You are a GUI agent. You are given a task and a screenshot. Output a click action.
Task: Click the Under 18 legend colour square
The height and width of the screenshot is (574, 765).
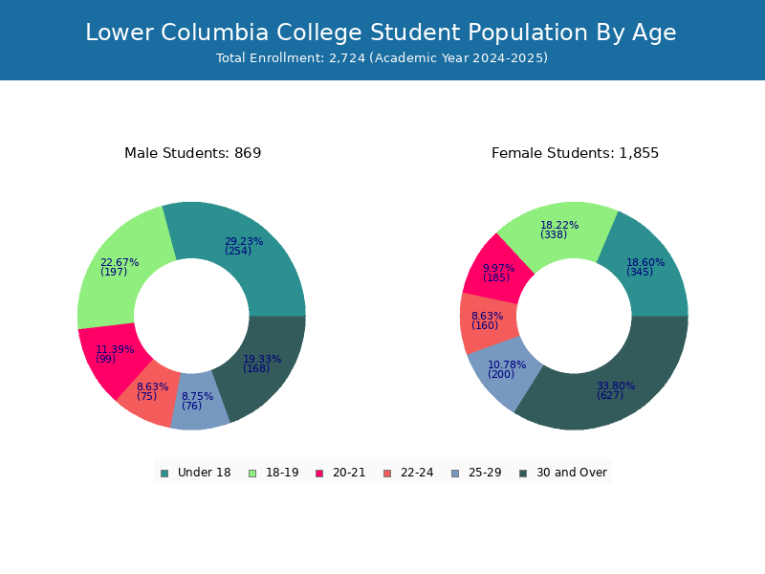[164, 474]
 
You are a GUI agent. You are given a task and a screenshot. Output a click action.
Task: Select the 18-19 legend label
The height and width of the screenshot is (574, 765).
[282, 473]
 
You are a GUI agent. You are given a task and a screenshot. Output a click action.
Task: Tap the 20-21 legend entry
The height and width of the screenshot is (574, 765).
[340, 473]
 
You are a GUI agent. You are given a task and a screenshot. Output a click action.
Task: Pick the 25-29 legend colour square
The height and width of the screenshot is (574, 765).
[455, 474]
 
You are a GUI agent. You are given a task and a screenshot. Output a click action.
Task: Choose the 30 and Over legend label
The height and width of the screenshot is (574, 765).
[572, 473]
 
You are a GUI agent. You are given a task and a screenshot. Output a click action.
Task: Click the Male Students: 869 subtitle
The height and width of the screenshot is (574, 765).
[193, 153]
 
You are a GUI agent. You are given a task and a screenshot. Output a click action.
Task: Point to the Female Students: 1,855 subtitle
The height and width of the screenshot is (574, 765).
[575, 153]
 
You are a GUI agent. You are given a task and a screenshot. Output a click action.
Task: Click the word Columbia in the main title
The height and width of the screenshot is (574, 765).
[214, 33]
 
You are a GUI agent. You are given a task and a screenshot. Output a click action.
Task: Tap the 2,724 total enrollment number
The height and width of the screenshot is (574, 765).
[347, 58]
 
